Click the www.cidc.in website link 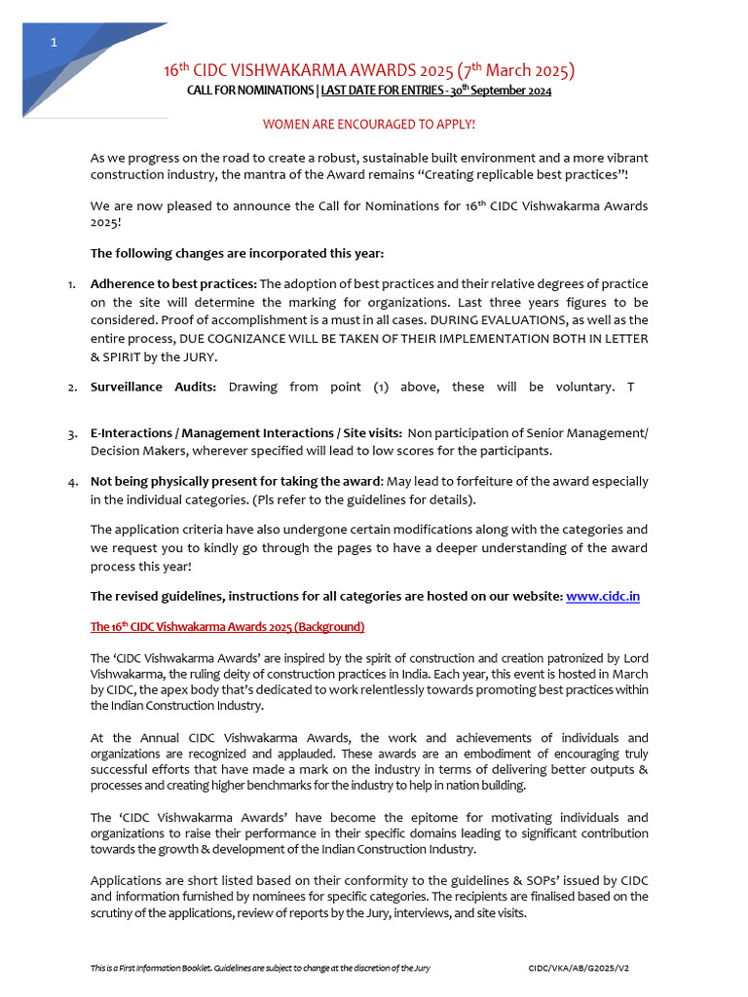tap(602, 596)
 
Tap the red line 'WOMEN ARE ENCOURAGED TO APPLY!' tap(369, 125)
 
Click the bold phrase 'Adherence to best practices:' tap(173, 283)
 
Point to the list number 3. tap(72, 433)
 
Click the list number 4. tap(72, 482)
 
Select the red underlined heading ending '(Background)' tap(227, 626)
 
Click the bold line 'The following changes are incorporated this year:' tap(237, 254)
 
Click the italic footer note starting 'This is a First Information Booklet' tap(260, 969)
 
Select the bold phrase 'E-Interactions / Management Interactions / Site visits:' tap(245, 433)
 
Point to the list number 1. tap(72, 283)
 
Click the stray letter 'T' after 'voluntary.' tap(630, 387)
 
